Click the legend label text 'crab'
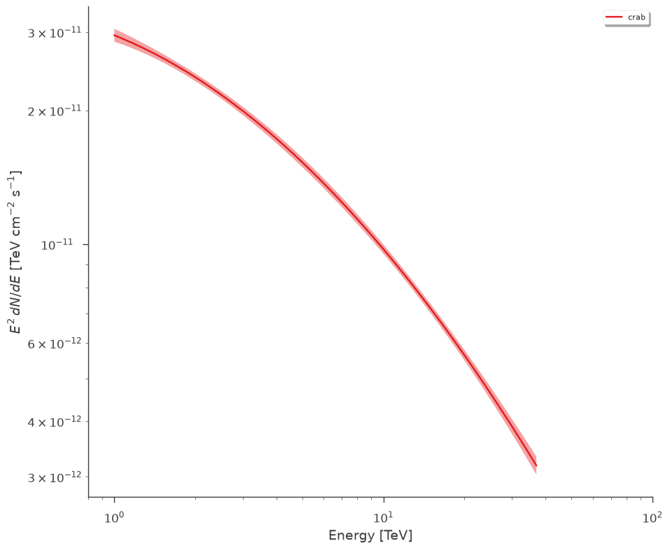636,17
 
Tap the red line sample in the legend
613,17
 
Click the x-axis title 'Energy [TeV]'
370,535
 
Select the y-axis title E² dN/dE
15,252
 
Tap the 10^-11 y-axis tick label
57,245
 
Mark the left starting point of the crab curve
114,35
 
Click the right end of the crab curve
536,465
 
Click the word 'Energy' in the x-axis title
351,535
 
